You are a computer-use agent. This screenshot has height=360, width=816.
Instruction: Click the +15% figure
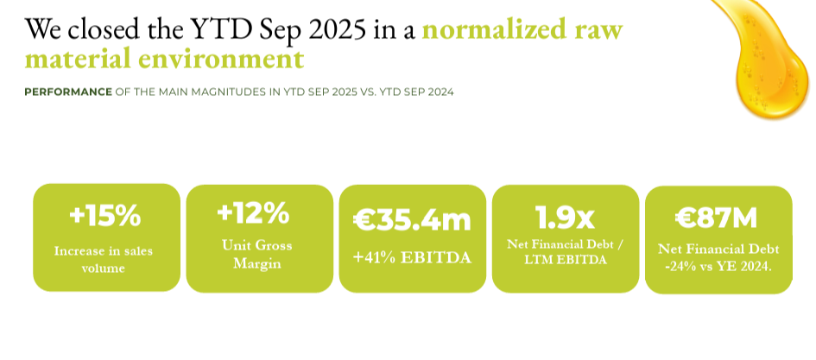(104, 216)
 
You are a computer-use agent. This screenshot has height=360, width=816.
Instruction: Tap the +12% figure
(254, 212)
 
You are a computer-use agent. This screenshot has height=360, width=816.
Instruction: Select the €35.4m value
(412, 219)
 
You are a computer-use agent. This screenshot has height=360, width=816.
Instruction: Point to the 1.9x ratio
(566, 217)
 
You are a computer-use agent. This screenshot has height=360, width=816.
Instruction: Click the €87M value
(716, 218)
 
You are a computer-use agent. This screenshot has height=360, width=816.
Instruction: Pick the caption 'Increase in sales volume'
(104, 260)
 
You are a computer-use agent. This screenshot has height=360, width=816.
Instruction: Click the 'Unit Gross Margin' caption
(257, 254)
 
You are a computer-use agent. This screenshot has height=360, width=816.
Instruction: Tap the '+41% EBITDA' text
(412, 257)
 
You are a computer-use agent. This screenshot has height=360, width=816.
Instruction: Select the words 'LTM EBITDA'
(566, 260)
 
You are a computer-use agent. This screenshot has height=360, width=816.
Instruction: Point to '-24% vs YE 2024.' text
(718, 268)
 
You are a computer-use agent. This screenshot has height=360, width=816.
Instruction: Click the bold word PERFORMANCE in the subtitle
(68, 92)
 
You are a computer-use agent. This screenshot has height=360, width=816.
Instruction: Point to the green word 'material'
(78, 60)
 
